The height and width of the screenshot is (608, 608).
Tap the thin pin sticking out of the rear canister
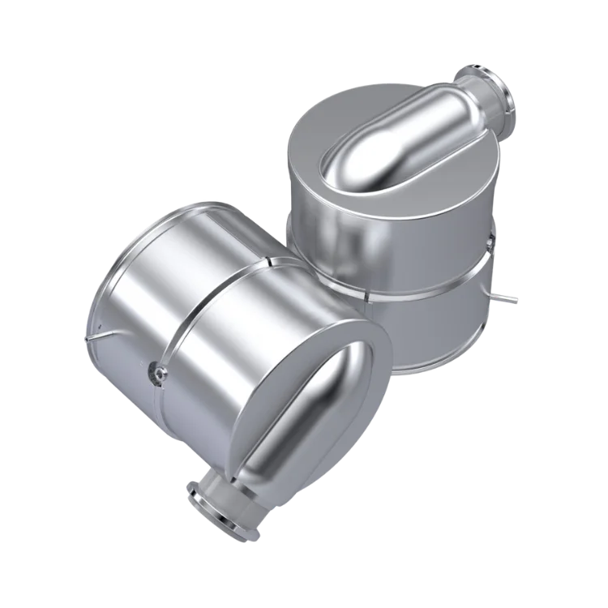pyautogui.click(x=511, y=302)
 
